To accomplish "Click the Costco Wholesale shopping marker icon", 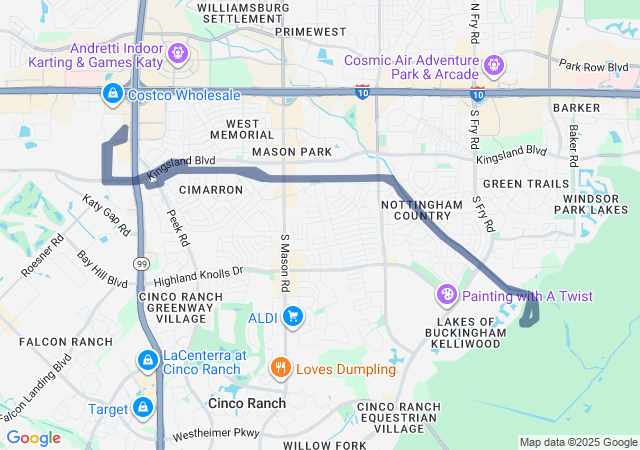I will tap(112, 94).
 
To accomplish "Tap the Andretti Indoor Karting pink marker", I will tap(179, 50).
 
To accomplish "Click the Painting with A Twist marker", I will tap(447, 295).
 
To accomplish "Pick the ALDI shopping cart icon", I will tap(293, 318).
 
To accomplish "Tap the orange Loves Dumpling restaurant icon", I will tap(281, 368).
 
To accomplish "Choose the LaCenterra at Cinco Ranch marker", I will tap(147, 359).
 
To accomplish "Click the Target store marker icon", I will tap(144, 407).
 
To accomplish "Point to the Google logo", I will tap(34, 437).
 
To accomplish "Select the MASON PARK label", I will tap(292, 151).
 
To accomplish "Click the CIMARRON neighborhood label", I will tap(210, 189).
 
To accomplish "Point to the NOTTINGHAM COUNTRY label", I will tap(422, 210).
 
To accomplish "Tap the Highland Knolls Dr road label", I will tap(198, 276).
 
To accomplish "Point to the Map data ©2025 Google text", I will tap(578, 442).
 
